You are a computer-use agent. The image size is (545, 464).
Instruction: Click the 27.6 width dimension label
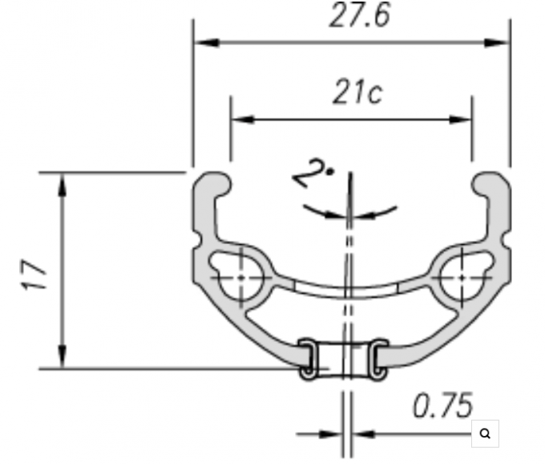click(x=360, y=14)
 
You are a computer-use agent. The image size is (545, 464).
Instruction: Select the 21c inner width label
click(x=357, y=92)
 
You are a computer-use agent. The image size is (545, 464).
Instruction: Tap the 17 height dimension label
click(x=34, y=275)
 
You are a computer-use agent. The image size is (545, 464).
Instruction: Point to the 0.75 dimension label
click(x=443, y=405)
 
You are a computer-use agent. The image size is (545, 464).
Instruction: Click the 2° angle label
click(x=312, y=173)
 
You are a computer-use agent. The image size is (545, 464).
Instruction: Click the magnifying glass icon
click(x=485, y=433)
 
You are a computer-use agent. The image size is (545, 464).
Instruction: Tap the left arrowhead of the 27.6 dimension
click(x=207, y=43)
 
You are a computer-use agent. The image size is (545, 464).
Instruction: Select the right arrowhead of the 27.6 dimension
click(x=497, y=43)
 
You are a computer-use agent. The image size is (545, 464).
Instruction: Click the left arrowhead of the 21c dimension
click(x=243, y=120)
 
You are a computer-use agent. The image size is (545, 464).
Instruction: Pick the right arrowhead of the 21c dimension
click(x=460, y=120)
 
